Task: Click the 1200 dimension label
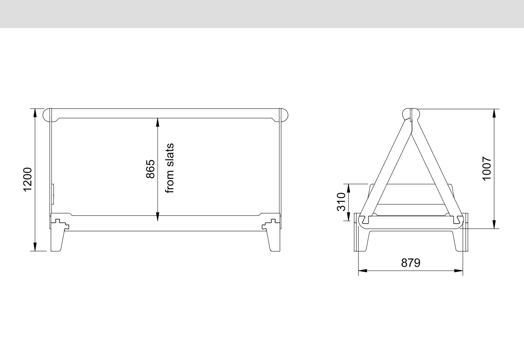[x=27, y=180]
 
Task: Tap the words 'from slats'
[x=169, y=168]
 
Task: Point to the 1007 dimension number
[x=487, y=168]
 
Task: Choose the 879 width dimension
[x=411, y=263]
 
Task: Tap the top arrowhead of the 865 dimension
[x=158, y=122]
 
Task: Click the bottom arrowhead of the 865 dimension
[x=158, y=217]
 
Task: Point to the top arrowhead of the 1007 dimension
[x=494, y=113]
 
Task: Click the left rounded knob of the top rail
[x=48, y=114]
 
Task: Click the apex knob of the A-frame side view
[x=411, y=114]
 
